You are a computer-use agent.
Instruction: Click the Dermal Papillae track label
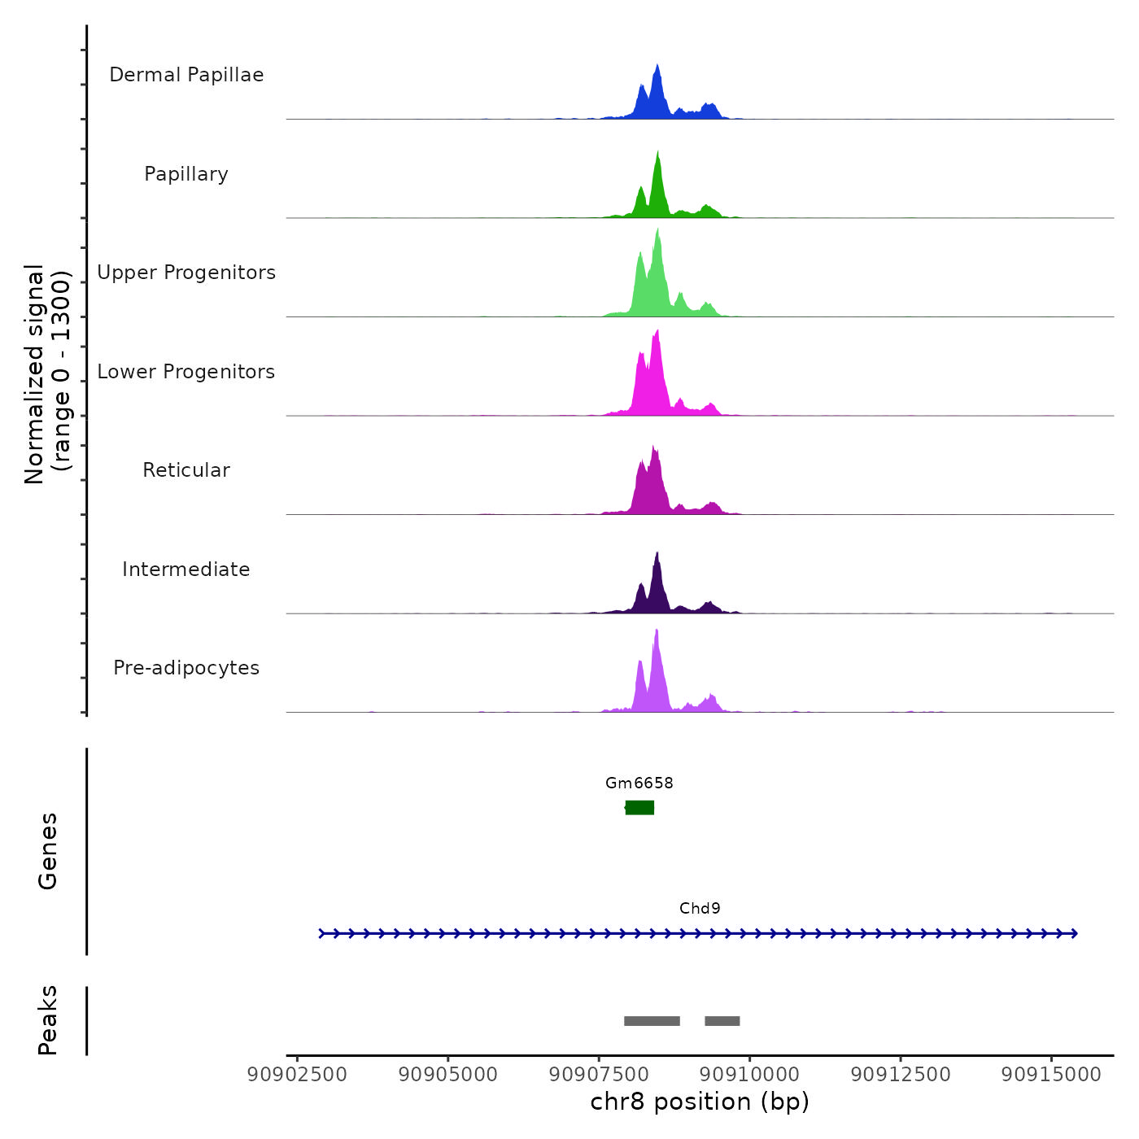click(186, 75)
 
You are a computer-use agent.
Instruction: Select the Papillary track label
click(186, 174)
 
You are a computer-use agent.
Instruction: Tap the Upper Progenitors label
click(186, 273)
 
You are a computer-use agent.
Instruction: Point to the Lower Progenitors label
click(186, 372)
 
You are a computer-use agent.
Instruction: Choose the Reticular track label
click(186, 470)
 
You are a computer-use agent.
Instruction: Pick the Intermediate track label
click(186, 569)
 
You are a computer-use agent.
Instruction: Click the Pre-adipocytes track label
click(186, 668)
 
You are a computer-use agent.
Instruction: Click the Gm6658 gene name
click(639, 783)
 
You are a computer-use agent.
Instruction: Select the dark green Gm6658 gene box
click(639, 807)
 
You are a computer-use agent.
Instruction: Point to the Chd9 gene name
click(700, 909)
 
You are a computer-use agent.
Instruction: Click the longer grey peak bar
click(652, 1021)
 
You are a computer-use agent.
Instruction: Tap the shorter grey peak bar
click(722, 1021)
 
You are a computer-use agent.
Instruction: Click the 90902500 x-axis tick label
click(297, 1074)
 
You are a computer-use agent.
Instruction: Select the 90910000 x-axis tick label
click(749, 1074)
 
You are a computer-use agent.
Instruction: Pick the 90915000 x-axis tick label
click(1051, 1074)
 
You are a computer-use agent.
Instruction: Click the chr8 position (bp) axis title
click(700, 1102)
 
